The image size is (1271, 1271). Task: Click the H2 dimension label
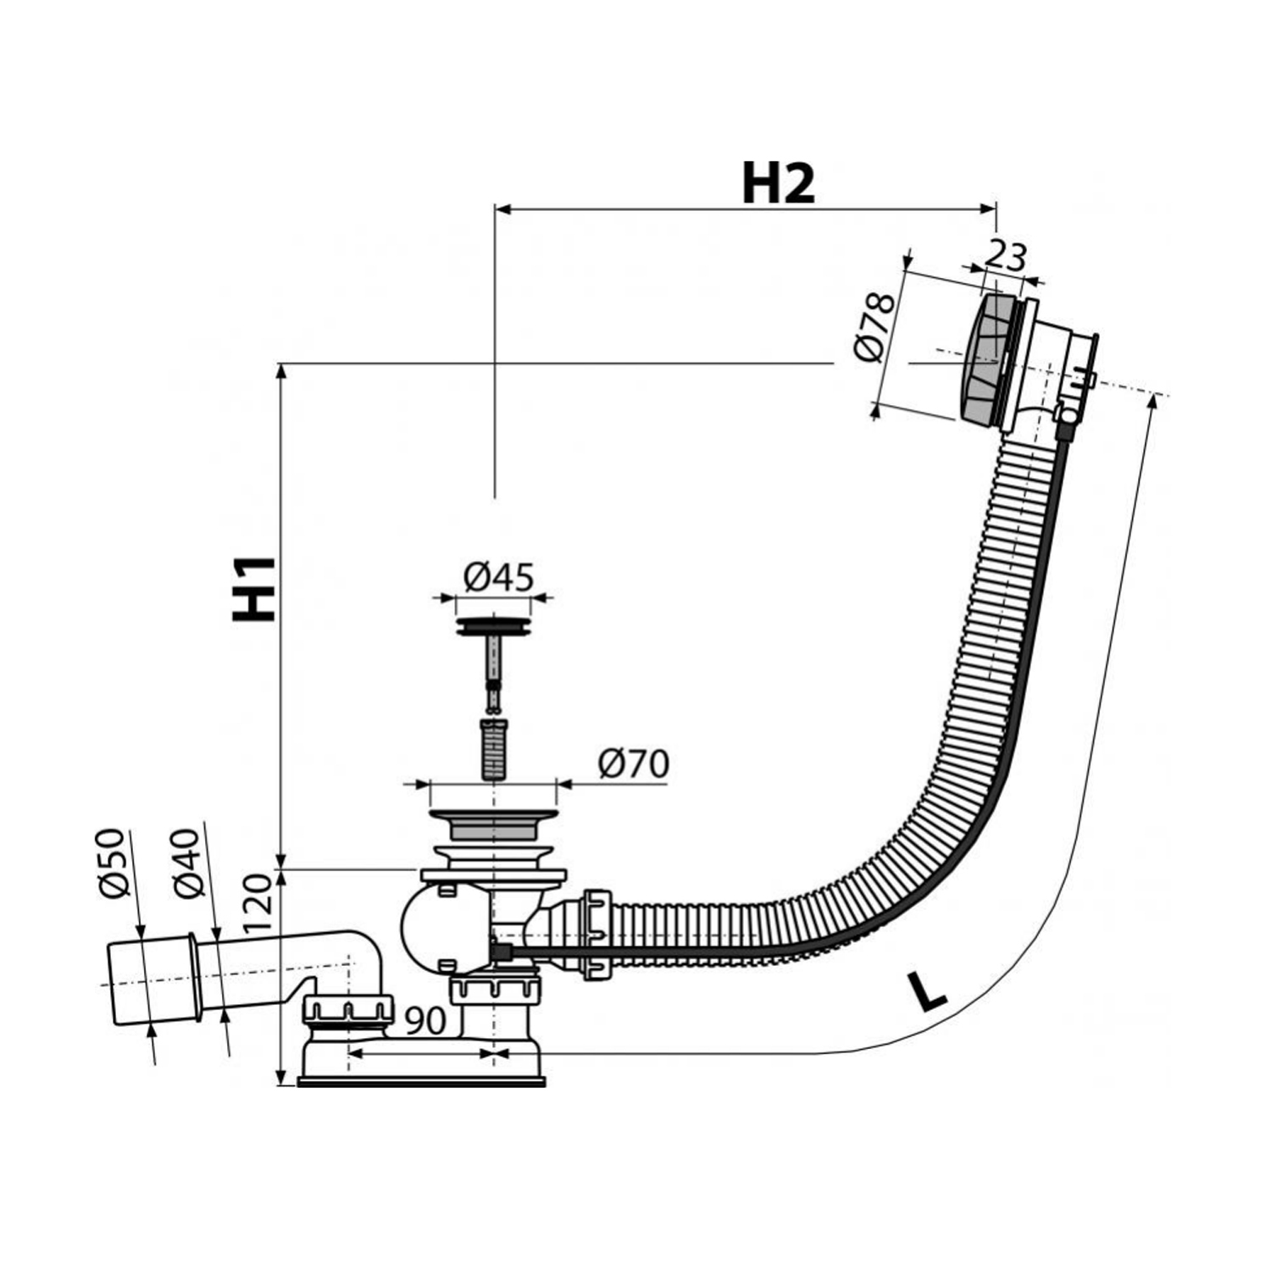778,184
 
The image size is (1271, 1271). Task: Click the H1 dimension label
255,590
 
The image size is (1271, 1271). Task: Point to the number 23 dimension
1006,257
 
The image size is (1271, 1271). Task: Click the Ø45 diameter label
498,578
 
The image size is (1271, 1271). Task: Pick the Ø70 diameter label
633,764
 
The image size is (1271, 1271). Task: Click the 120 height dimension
260,903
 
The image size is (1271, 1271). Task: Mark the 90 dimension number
424,1022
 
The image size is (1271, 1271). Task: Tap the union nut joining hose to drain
596,935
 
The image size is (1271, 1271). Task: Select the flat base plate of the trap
421,1081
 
